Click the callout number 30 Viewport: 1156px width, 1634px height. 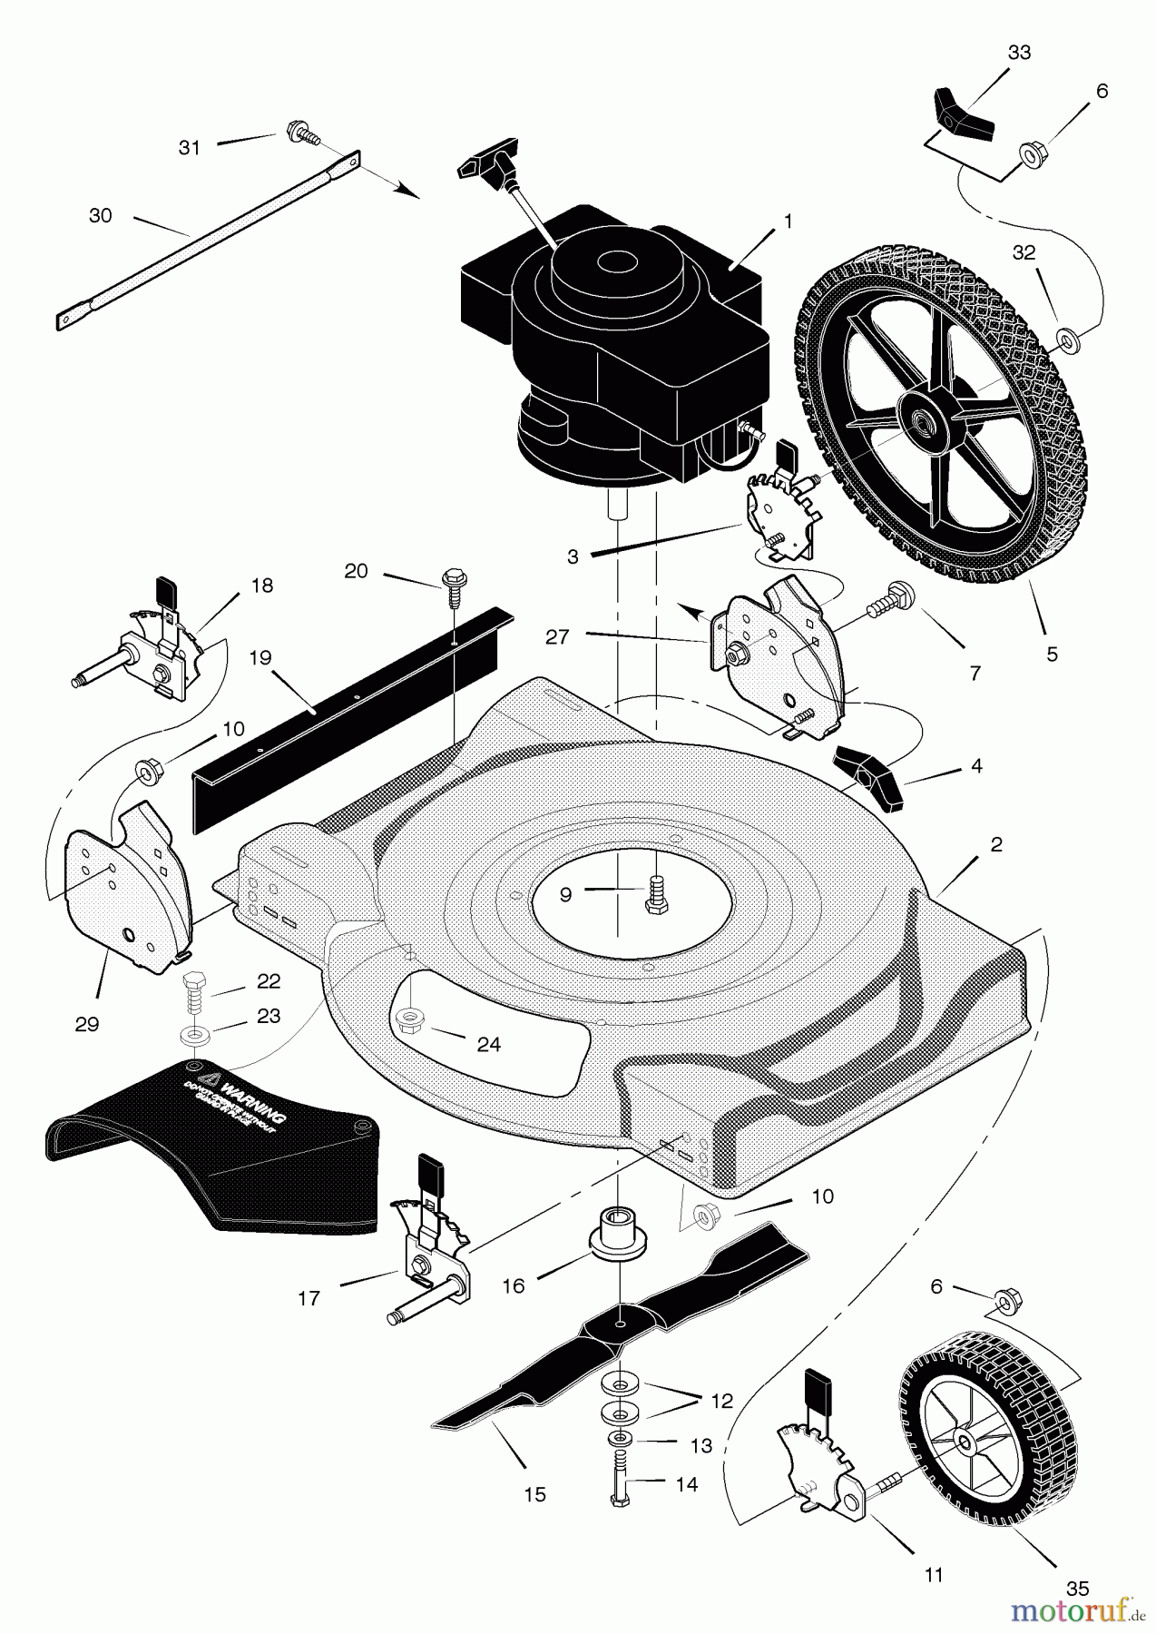pyautogui.click(x=101, y=216)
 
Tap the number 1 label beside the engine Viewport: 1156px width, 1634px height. pyautogui.click(x=788, y=221)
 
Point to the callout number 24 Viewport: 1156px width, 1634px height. pyautogui.click(x=488, y=1045)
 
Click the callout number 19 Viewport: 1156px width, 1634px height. pyautogui.click(x=260, y=657)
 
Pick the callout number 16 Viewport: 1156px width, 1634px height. pyautogui.click(x=514, y=1286)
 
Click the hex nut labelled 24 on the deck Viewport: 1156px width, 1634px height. pyautogui.click(x=410, y=1022)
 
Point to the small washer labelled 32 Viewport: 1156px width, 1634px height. pyautogui.click(x=1067, y=341)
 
